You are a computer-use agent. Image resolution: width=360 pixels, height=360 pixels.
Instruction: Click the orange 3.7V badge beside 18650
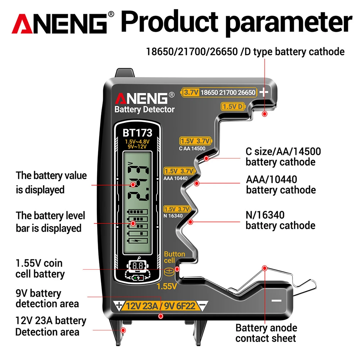pyautogui.click(x=191, y=92)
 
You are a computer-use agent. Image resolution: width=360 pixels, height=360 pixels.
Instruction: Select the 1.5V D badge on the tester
pyautogui.click(x=233, y=106)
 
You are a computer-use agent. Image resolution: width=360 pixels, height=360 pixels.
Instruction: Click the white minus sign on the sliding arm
pyautogui.click(x=276, y=300)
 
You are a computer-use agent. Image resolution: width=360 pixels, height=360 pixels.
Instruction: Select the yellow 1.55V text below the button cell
pyautogui.click(x=167, y=286)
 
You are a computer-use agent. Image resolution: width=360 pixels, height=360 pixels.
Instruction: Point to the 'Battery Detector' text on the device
pyautogui.click(x=144, y=110)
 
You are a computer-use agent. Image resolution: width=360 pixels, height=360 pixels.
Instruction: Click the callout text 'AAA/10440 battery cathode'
pyautogui.click(x=281, y=184)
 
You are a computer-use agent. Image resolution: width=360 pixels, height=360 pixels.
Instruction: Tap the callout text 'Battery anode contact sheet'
pyautogui.click(x=266, y=333)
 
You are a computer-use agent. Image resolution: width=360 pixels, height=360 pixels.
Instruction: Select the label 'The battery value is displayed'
pyautogui.click(x=51, y=182)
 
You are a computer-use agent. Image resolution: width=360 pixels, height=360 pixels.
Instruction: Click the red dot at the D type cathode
pyautogui.click(x=265, y=114)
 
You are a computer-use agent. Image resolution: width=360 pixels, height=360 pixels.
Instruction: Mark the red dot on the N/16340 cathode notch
pyautogui.click(x=191, y=222)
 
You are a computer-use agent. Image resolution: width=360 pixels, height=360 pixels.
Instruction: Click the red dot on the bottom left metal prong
pyautogui.click(x=123, y=330)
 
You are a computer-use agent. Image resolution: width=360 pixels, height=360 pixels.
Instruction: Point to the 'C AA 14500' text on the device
pyautogui.click(x=192, y=148)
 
